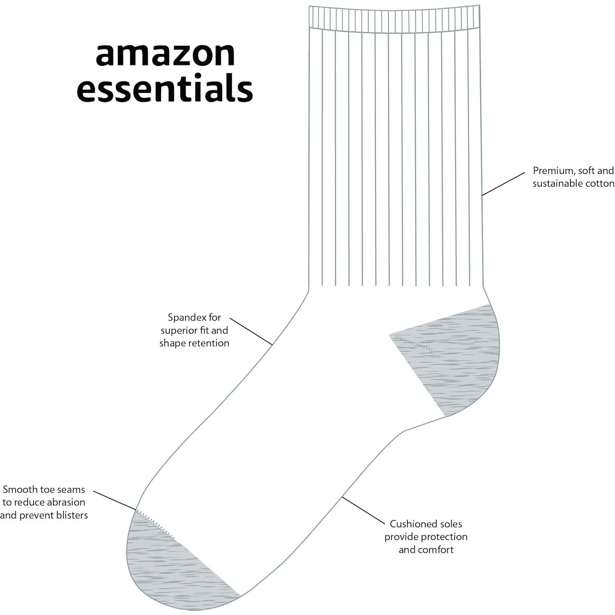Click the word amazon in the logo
165,55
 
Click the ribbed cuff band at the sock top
394,17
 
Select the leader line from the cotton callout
503,184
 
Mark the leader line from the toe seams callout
114,500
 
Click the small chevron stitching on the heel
413,343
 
